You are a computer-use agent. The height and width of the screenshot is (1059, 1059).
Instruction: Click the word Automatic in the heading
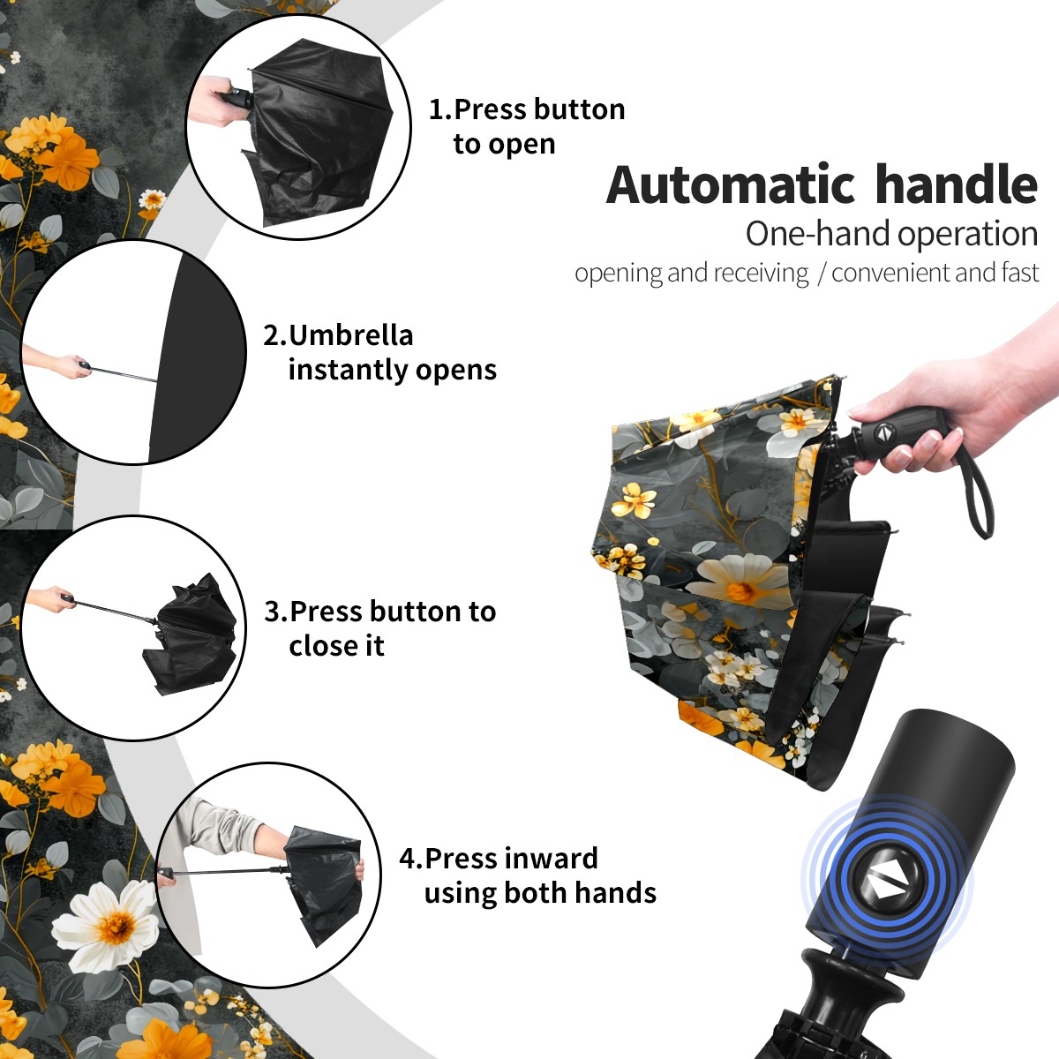[x=731, y=185]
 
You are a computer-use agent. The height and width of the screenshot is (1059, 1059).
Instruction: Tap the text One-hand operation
[x=891, y=234]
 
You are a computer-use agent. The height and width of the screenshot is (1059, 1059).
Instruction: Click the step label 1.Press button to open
[x=527, y=127]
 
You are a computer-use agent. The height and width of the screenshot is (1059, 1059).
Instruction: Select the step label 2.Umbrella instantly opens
[x=379, y=352]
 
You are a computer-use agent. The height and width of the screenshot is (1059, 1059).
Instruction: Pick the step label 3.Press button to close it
[x=379, y=628]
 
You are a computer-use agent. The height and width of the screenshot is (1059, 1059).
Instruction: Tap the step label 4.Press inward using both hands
[x=528, y=875]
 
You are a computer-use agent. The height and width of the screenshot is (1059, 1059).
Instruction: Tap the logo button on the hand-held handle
[x=884, y=432]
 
